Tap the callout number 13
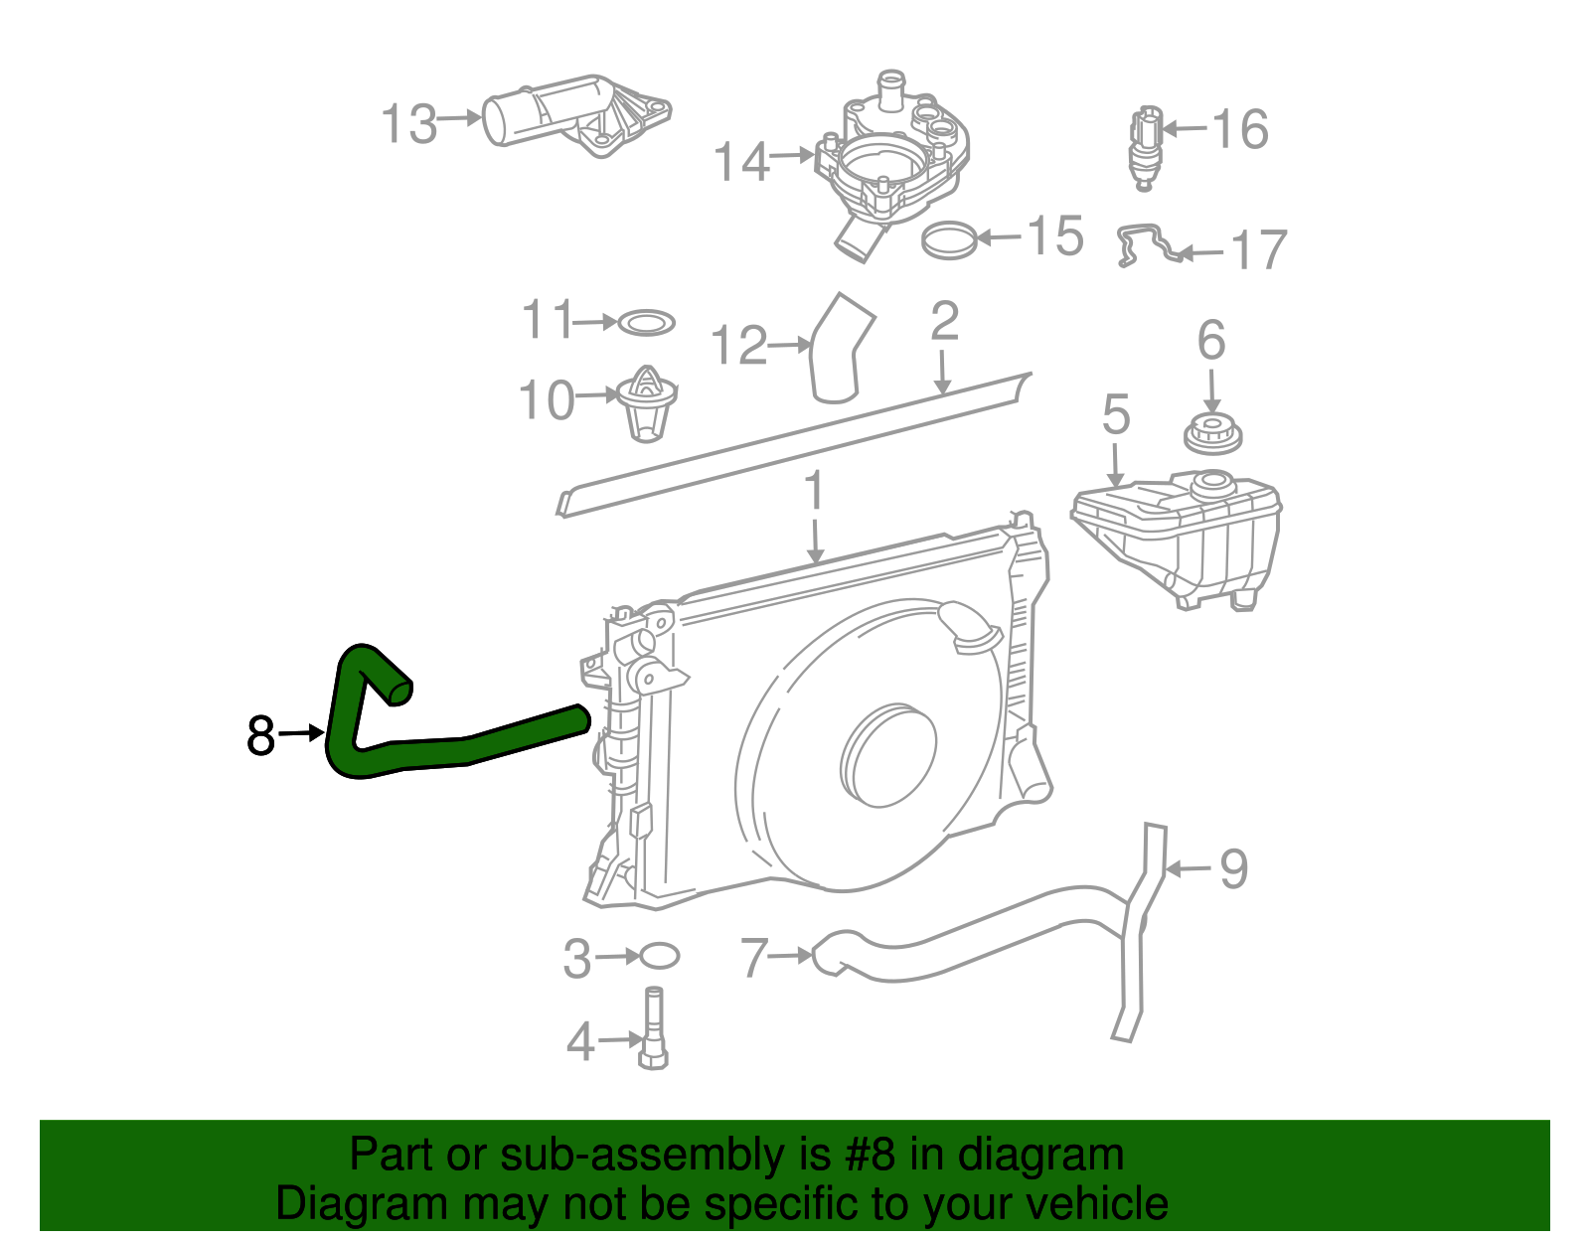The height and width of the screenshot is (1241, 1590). [408, 125]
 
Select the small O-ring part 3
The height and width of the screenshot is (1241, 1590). [659, 956]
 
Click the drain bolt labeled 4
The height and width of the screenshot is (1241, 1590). [654, 1029]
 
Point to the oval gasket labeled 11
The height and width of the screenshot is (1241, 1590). [646, 323]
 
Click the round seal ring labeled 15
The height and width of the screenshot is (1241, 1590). [948, 238]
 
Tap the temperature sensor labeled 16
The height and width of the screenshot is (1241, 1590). [1144, 148]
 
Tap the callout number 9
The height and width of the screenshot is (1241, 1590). [1232, 869]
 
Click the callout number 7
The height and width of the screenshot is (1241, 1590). [754, 958]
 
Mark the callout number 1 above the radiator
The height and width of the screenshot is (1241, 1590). [815, 492]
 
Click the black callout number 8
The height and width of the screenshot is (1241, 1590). [260, 736]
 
